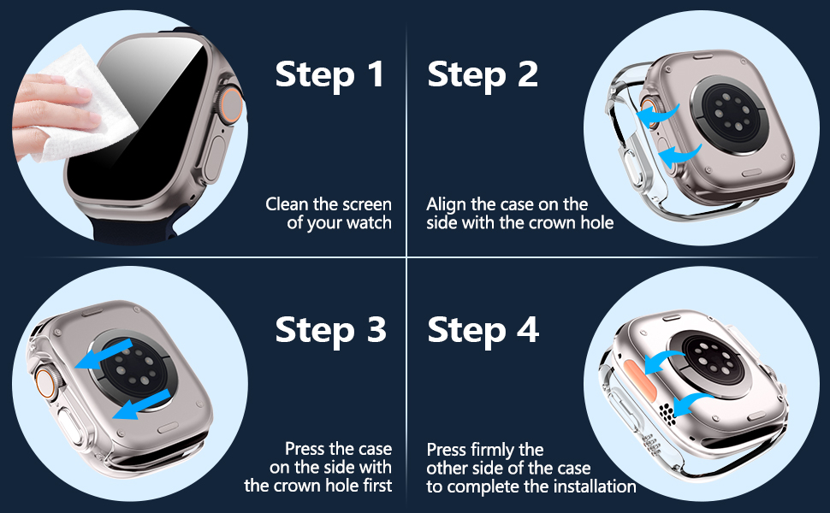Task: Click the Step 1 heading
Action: click(x=329, y=74)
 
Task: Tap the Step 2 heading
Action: click(x=483, y=74)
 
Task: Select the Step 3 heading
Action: click(x=331, y=331)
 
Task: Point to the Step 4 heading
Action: click(x=483, y=331)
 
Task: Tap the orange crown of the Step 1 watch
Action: click(x=230, y=109)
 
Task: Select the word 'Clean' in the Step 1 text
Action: click(x=288, y=204)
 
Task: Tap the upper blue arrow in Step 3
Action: click(x=104, y=354)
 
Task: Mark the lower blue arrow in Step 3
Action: click(x=141, y=404)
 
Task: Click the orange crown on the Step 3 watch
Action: click(x=46, y=380)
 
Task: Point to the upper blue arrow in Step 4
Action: click(x=663, y=363)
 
